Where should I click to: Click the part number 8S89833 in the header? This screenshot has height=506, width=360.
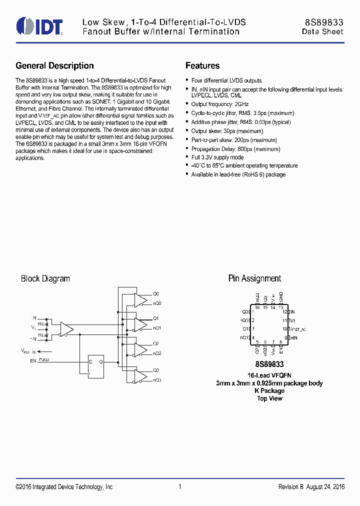tap(324, 22)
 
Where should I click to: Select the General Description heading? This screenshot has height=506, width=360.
tap(54, 65)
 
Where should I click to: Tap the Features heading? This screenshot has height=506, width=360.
tap(202, 65)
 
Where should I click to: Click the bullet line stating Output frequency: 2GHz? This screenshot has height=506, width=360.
tap(219, 104)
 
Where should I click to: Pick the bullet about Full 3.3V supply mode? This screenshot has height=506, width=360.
tap(217, 157)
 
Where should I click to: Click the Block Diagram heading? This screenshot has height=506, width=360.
tap(45, 278)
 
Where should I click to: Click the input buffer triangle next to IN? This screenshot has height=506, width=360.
tap(66, 328)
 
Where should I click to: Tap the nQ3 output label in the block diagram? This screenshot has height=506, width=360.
tap(157, 380)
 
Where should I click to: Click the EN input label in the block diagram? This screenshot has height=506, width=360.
tap(33, 360)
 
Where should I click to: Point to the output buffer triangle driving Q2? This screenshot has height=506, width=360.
tap(139, 349)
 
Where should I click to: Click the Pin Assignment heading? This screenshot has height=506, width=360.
tap(254, 278)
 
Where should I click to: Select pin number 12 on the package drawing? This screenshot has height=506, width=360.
tap(284, 311)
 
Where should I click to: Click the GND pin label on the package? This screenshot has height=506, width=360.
tap(281, 296)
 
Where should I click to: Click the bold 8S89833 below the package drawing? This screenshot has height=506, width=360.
tap(269, 365)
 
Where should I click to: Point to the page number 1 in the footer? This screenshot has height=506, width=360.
tap(179, 487)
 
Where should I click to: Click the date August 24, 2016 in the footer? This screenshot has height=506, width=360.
tap(326, 487)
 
